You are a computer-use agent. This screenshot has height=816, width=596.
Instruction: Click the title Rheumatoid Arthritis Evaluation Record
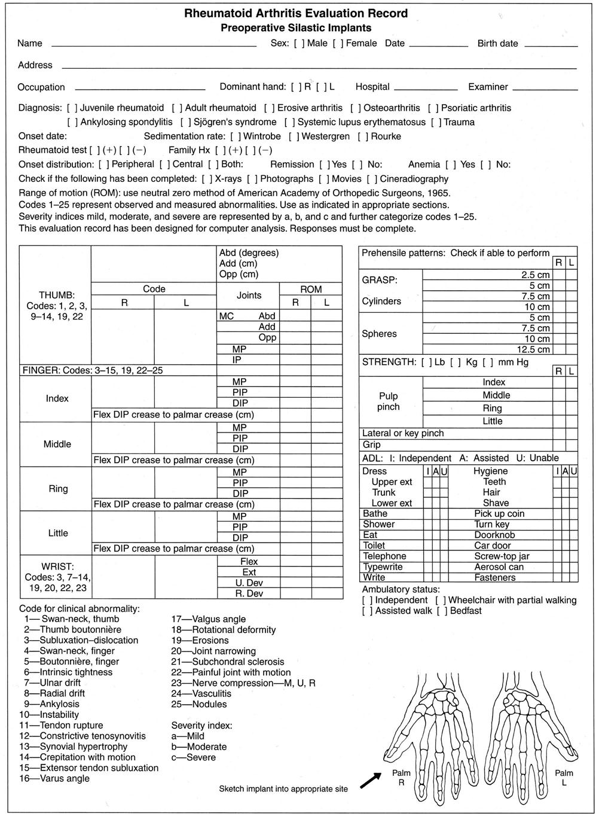tap(296, 13)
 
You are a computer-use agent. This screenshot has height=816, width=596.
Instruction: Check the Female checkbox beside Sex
tap(338, 44)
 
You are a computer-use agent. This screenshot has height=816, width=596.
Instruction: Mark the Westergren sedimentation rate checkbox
tap(293, 136)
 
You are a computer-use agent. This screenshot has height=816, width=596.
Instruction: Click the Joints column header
tap(249, 295)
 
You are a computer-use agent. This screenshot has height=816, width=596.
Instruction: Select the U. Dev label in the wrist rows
tap(249, 583)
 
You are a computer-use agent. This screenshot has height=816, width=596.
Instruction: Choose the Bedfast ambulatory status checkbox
tap(441, 611)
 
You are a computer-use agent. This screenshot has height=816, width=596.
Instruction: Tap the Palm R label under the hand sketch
tap(401, 778)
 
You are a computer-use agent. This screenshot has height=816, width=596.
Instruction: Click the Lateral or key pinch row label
tap(403, 433)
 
